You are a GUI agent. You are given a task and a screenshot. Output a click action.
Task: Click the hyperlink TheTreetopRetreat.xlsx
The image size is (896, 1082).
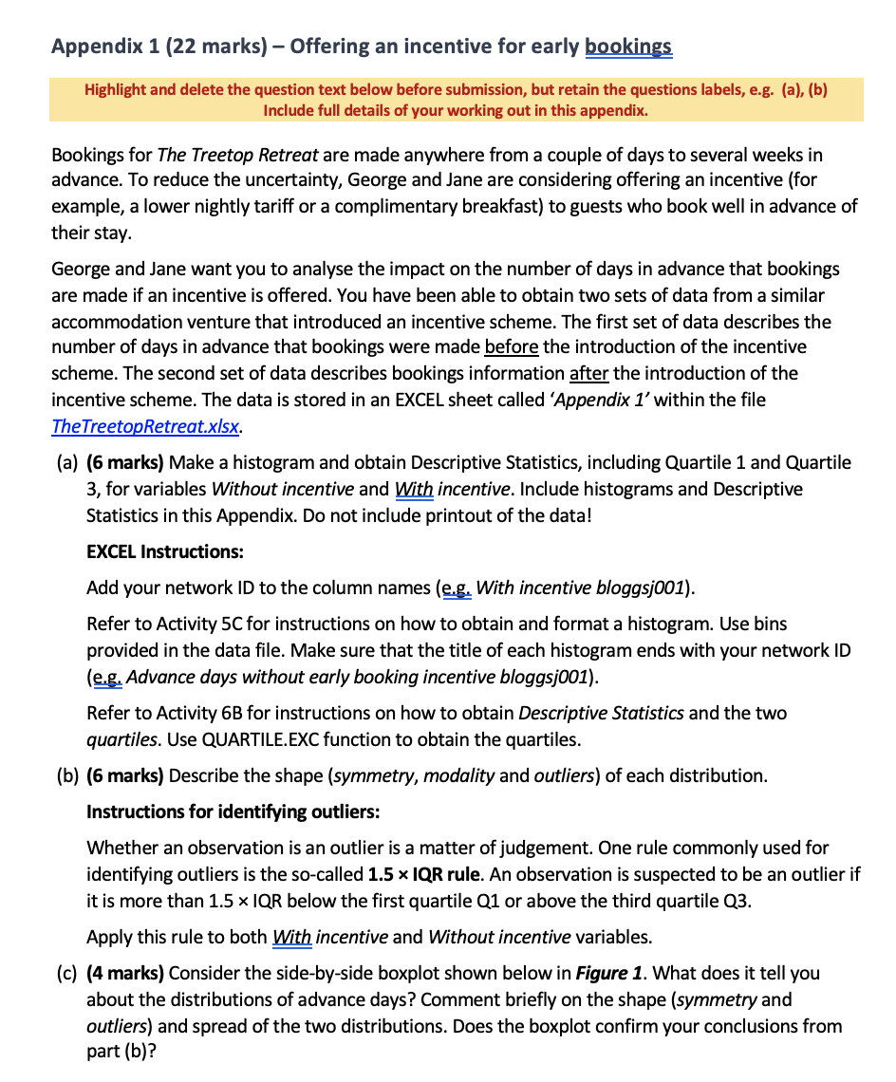145,426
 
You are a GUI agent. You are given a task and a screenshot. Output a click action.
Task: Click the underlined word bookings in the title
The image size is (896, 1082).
628,46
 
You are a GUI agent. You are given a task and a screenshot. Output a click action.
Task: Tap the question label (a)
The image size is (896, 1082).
66,462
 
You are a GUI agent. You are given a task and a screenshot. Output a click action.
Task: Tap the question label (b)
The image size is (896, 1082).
66,775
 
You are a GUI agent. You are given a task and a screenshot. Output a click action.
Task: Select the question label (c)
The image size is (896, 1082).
66,973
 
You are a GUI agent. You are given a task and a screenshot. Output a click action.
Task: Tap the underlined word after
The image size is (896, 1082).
588,373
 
